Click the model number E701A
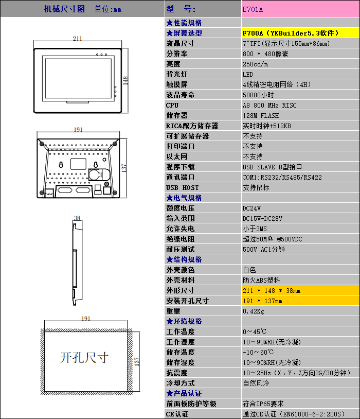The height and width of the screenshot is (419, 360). [x=253, y=9]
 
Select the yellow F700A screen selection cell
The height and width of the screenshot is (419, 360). [x=291, y=33]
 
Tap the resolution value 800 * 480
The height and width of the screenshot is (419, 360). [x=265, y=54]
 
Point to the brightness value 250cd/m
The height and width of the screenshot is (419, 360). [x=255, y=64]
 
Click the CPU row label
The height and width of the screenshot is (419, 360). [x=172, y=105]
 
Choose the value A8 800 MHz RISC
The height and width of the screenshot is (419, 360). [x=269, y=105]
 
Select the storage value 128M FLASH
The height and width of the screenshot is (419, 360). [x=261, y=115]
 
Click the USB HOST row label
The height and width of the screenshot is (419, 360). [x=182, y=187]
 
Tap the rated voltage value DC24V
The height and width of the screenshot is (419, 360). [x=251, y=208]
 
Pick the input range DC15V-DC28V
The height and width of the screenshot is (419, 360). [x=262, y=218]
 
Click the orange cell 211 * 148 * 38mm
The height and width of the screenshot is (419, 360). [x=272, y=290]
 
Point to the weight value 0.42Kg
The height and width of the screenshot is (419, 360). [x=254, y=311]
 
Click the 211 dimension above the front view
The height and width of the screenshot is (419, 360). [x=77, y=39]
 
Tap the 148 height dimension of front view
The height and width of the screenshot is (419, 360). [x=125, y=79]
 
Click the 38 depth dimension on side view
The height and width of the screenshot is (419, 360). [x=77, y=218]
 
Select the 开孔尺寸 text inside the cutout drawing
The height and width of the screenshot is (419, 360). [x=84, y=357]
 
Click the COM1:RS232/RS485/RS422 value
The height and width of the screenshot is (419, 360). [x=282, y=177]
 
